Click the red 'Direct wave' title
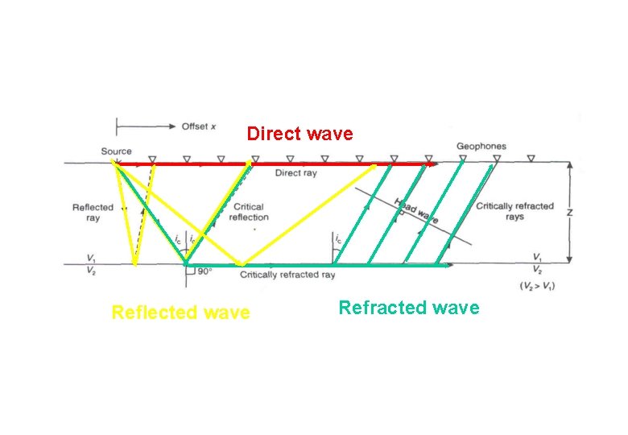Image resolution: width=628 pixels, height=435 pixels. pyautogui.click(x=300, y=134)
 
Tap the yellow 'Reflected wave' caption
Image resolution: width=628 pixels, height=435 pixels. pyautogui.click(x=180, y=313)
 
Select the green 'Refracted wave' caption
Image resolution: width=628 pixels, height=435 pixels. pyautogui.click(x=408, y=308)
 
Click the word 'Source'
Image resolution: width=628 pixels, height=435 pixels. pyautogui.click(x=117, y=151)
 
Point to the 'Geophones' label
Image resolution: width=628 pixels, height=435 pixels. pyautogui.click(x=481, y=147)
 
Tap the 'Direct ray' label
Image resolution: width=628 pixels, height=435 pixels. pyautogui.click(x=295, y=173)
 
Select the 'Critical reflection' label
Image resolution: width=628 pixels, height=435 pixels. pyautogui.click(x=249, y=212)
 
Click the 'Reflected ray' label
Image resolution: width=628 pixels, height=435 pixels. pyautogui.click(x=93, y=213)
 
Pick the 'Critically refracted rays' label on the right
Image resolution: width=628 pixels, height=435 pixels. pyautogui.click(x=514, y=211)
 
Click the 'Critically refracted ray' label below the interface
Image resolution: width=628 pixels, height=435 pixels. pyautogui.click(x=287, y=275)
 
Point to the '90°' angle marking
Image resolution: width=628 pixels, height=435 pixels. pyautogui.click(x=204, y=271)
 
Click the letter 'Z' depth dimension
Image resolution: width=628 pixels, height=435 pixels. pyautogui.click(x=570, y=213)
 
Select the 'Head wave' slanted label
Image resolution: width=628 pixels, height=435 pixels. pyautogui.click(x=415, y=211)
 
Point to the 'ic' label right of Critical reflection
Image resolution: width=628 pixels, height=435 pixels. pyautogui.click(x=338, y=239)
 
